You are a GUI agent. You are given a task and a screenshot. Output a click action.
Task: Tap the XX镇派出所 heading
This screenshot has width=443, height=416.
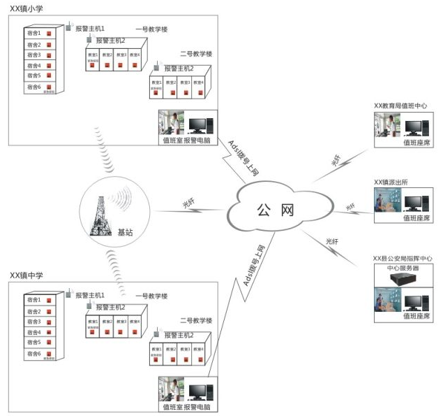[x=391, y=182]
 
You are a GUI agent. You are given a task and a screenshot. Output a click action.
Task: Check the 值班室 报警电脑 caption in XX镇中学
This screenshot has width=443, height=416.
[x=184, y=407]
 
